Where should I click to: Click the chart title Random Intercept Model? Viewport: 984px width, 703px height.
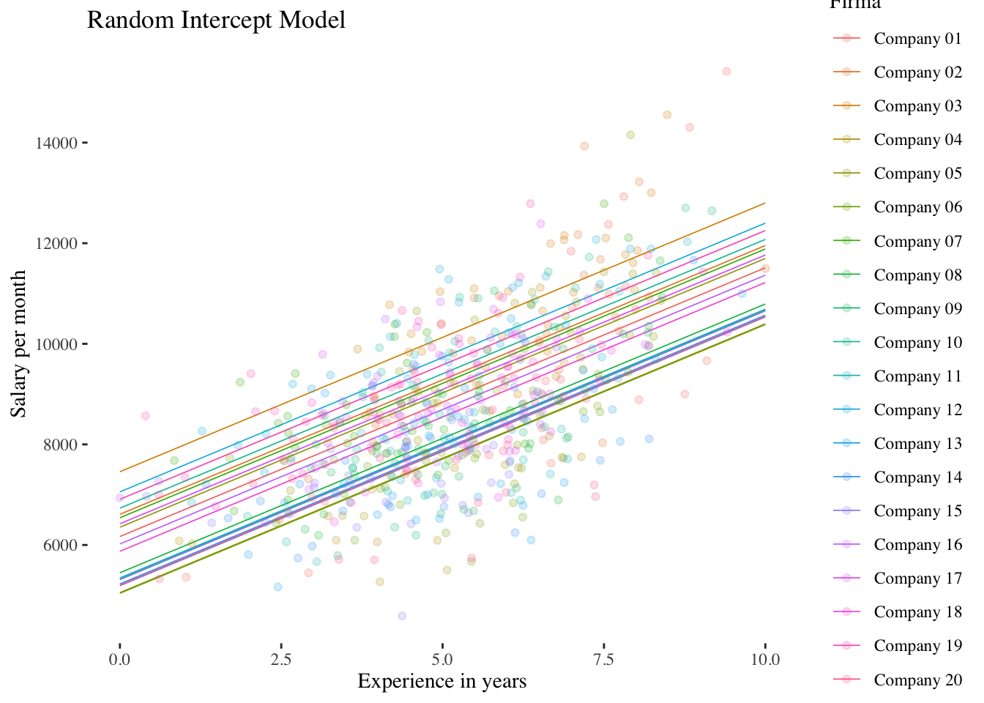click(216, 20)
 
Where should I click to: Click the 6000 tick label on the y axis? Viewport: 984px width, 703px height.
click(59, 546)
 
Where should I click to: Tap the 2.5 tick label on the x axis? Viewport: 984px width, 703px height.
click(281, 659)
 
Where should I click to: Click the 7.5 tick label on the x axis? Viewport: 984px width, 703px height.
click(604, 659)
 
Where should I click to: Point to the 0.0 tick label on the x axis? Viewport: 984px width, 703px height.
click(119, 659)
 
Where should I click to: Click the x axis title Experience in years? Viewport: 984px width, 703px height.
click(441, 682)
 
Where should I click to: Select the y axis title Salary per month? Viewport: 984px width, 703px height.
click(19, 344)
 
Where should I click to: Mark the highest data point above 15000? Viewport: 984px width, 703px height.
click(726, 71)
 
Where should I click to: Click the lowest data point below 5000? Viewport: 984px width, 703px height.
click(402, 616)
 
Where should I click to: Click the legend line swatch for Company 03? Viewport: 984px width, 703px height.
click(847, 106)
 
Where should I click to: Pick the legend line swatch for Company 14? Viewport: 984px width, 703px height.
click(847, 477)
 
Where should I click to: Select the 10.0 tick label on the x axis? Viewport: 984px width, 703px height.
click(765, 659)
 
